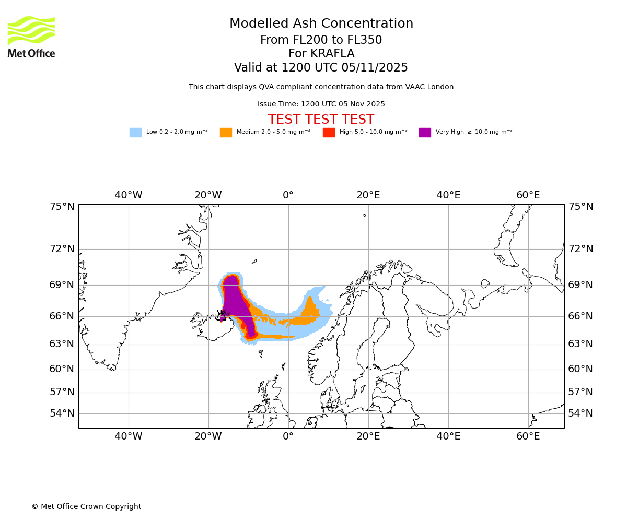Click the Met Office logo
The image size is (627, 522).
[x=31, y=37]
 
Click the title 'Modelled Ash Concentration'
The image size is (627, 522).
[x=321, y=23]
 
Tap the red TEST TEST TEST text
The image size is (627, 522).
[x=321, y=120]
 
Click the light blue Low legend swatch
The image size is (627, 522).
[x=135, y=132]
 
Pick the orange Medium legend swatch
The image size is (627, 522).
[x=226, y=132]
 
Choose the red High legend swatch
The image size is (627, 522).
[x=329, y=132]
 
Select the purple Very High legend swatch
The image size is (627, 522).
[x=425, y=132]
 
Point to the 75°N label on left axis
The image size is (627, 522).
[x=62, y=207]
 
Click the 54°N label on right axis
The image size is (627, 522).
[x=580, y=413]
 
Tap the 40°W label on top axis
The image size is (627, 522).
[x=129, y=195]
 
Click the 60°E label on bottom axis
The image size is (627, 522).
[x=528, y=436]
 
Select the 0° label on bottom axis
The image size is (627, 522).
[x=288, y=436]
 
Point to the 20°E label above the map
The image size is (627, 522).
[x=368, y=195]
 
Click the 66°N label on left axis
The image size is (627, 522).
[x=62, y=316]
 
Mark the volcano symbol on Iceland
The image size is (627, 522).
[x=222, y=315]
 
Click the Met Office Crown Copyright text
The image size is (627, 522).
[x=86, y=506]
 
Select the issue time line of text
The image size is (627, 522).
[x=321, y=104]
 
